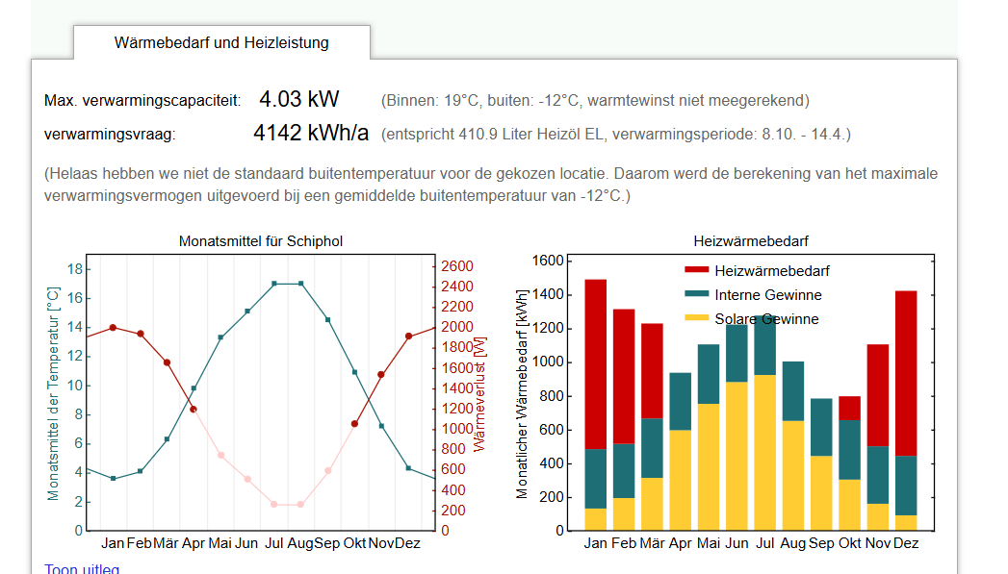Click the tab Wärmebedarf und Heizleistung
(221, 43)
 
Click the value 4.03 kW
(298, 99)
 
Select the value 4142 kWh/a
(310, 134)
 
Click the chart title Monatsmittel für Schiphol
(261, 241)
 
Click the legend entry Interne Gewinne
(767, 295)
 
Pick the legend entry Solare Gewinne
(766, 319)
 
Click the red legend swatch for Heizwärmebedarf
(696, 271)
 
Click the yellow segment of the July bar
(765, 452)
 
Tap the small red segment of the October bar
(849, 408)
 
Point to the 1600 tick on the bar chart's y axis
(547, 262)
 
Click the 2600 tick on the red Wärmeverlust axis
(456, 266)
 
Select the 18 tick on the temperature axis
(74, 269)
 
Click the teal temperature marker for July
(274, 284)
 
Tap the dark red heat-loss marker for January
(113, 328)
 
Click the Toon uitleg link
(82, 569)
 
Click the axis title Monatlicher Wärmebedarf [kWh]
(522, 393)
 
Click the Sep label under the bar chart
(821, 543)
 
